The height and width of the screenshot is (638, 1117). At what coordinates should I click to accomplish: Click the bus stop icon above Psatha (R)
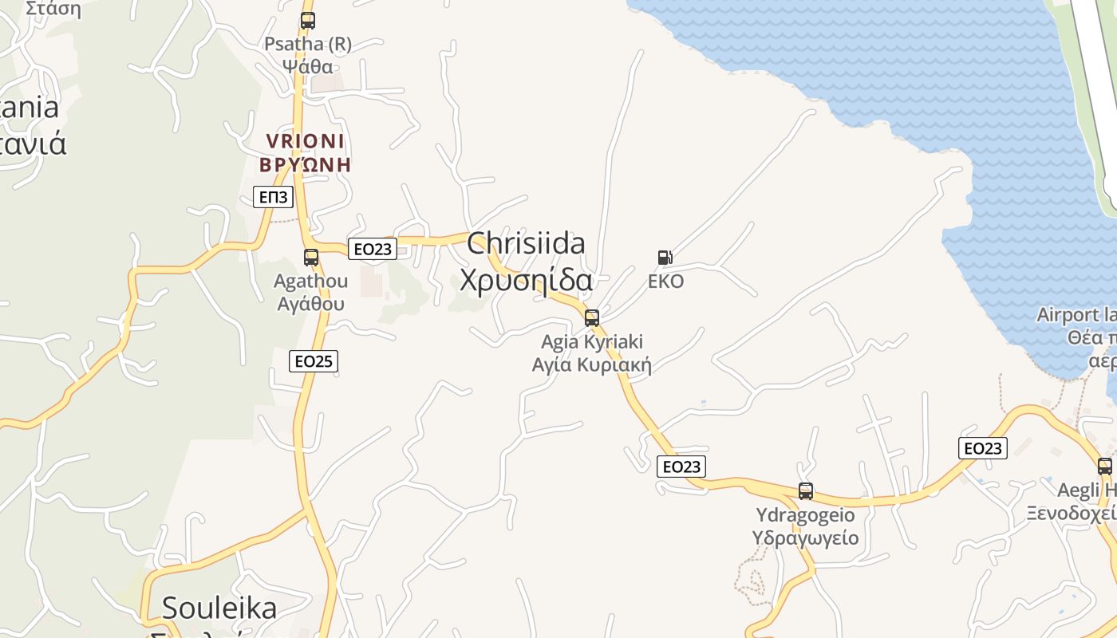[x=307, y=21]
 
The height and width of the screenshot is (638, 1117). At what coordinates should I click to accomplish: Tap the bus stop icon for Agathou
[x=311, y=258]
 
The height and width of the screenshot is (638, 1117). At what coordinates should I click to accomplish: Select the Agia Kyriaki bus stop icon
[x=591, y=318]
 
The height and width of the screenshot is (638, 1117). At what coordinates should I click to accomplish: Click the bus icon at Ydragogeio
[x=806, y=491]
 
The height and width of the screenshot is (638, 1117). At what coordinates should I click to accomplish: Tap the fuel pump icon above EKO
[x=665, y=258]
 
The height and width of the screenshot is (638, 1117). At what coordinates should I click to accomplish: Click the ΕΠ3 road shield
[x=273, y=196]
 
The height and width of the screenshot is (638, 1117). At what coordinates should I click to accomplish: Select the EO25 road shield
[x=314, y=361]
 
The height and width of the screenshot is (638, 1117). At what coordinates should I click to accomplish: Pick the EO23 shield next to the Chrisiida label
[x=373, y=249]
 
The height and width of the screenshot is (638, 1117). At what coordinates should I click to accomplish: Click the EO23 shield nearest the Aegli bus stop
[x=982, y=448]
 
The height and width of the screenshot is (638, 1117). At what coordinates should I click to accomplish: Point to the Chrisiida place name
[x=526, y=243]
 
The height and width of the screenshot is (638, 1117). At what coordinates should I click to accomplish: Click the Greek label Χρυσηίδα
[x=526, y=281]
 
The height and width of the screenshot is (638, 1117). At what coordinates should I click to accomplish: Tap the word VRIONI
[x=306, y=142]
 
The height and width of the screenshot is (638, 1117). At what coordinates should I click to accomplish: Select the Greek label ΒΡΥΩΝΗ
[x=306, y=165]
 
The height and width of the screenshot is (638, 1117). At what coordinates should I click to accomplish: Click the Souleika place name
[x=219, y=608]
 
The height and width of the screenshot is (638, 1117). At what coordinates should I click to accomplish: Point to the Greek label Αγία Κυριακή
[x=592, y=365]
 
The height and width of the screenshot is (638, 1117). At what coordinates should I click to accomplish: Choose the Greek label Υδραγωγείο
[x=806, y=538]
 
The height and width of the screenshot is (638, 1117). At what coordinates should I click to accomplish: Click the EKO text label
[x=665, y=282]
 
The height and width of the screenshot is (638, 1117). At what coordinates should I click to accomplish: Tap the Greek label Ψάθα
[x=308, y=65]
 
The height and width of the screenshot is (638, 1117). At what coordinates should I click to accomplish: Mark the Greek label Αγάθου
[x=311, y=303]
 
